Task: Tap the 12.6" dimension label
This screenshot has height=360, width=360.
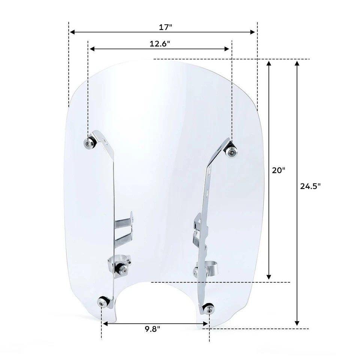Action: [x=160, y=44]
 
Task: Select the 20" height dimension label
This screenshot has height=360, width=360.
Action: [x=279, y=170]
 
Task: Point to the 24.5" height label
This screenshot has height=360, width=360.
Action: [x=311, y=186]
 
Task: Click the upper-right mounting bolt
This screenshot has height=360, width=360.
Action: [x=231, y=151]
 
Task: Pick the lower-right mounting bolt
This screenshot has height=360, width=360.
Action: [x=208, y=309]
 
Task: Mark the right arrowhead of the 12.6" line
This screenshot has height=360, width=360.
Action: [x=227, y=49]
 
